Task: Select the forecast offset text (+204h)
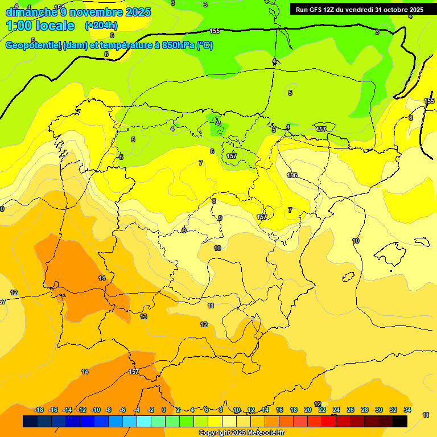click(101, 25)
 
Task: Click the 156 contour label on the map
click(292, 175)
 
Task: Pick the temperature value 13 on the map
click(143, 316)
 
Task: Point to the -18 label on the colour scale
click(39, 410)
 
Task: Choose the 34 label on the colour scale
click(407, 410)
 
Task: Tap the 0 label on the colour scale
click(164, 410)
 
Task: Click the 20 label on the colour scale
click(308, 410)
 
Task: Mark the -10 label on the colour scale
click(96, 410)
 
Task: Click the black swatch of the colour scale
click(400, 421)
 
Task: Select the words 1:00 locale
click(40, 26)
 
